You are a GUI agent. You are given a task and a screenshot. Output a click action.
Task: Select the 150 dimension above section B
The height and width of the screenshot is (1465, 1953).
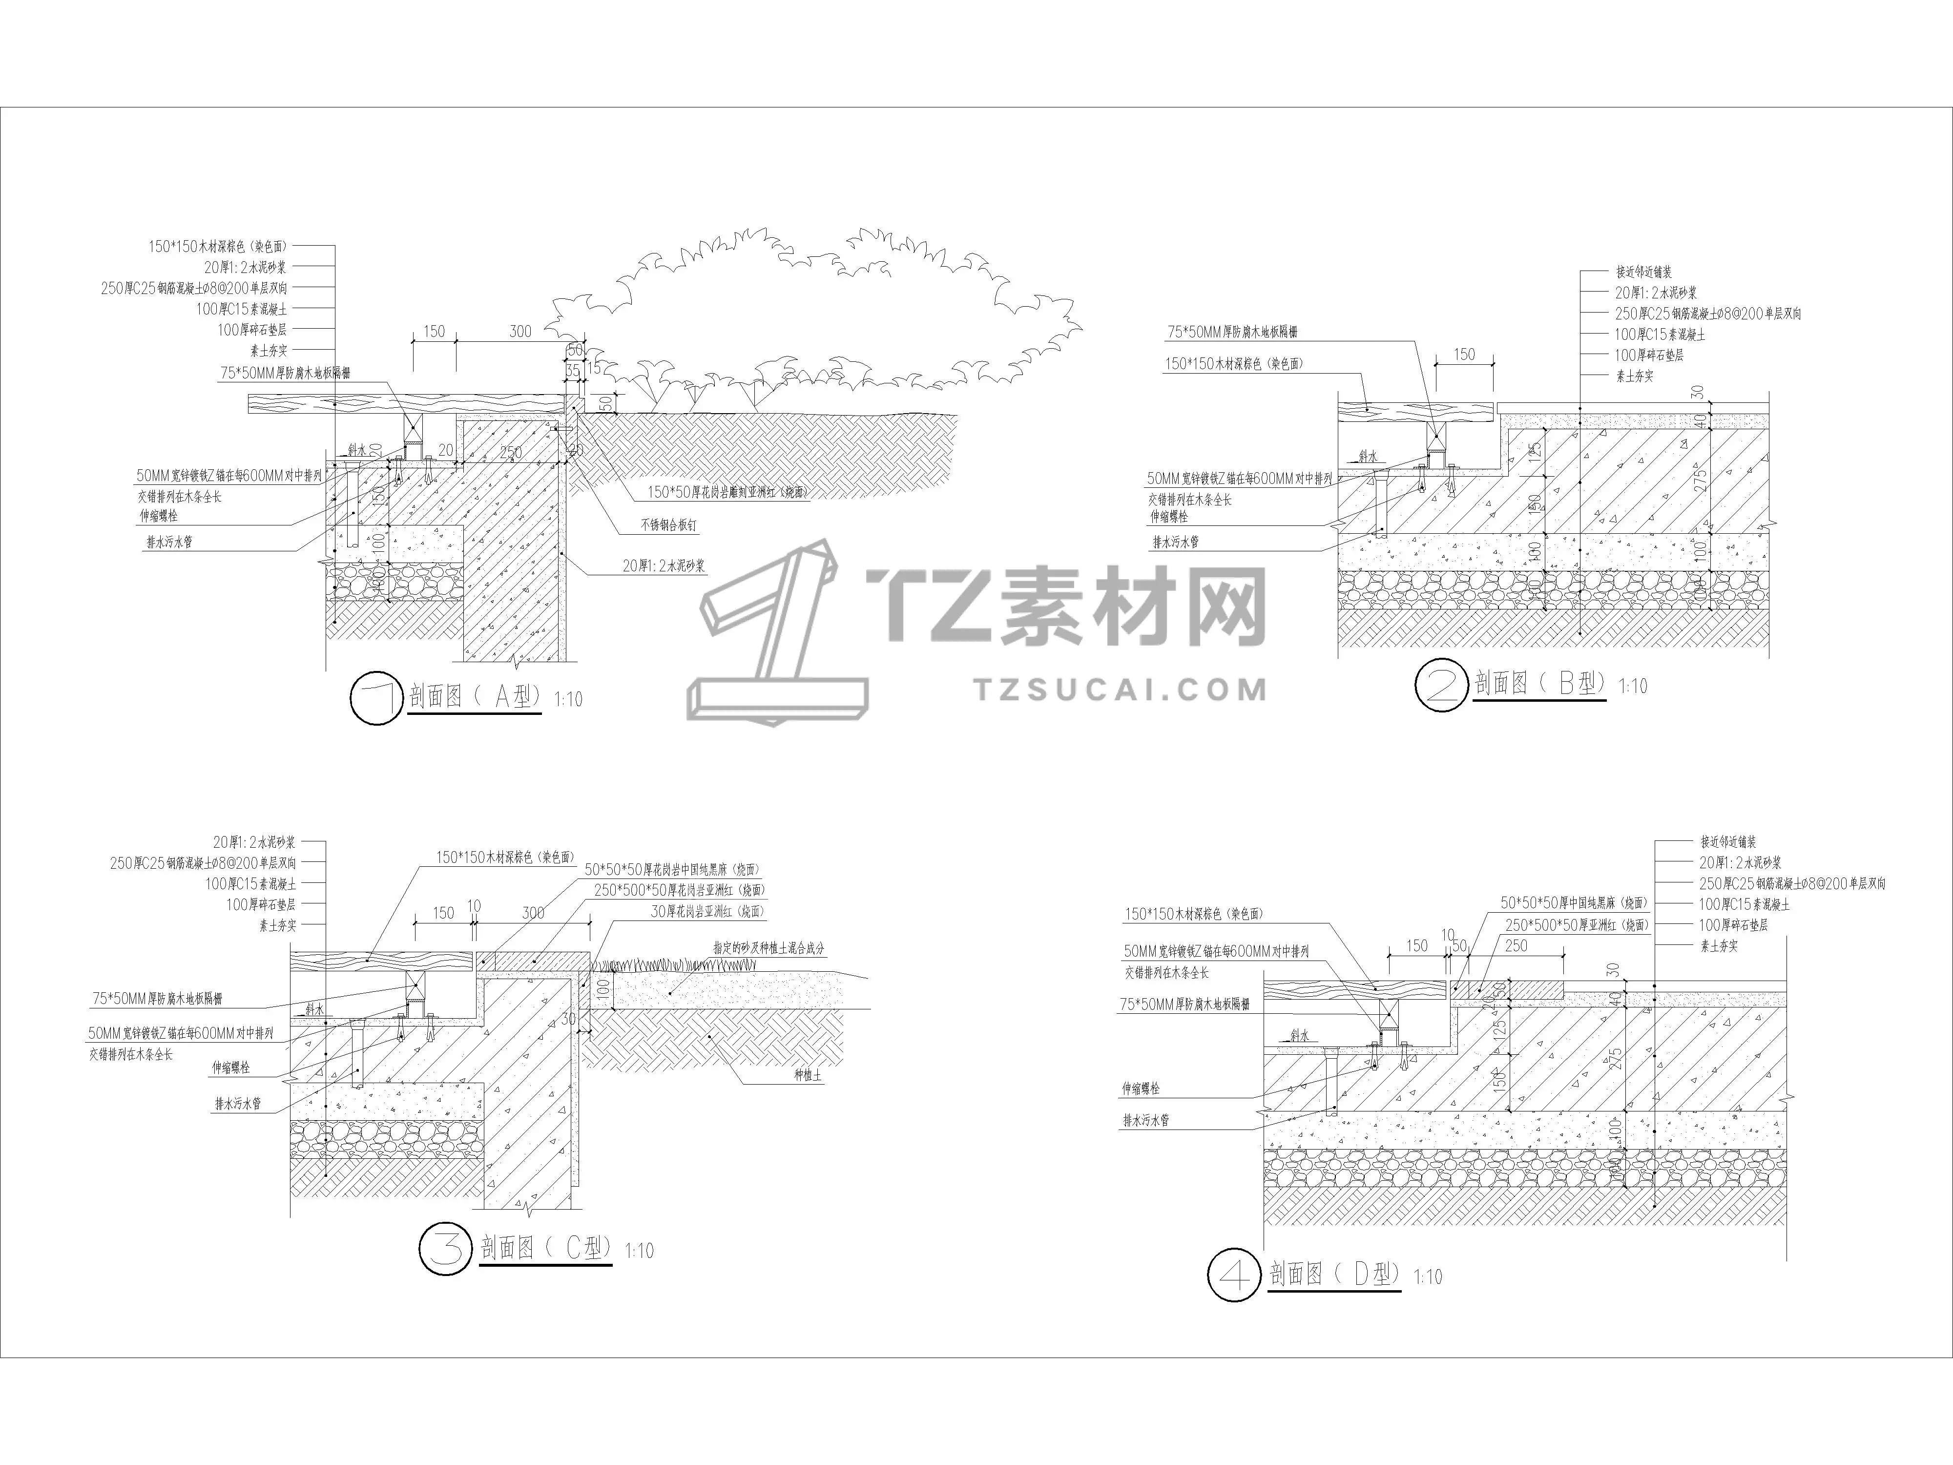[1464, 354]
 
